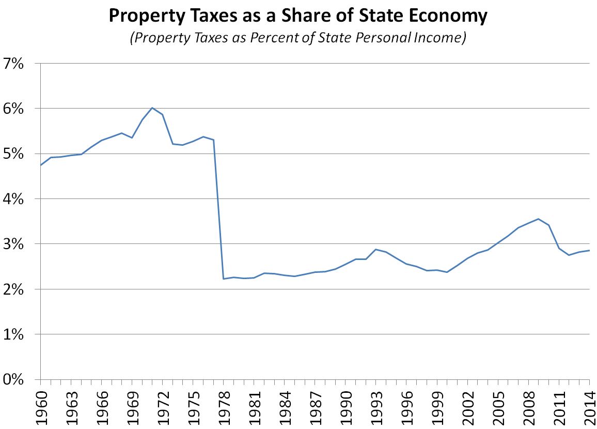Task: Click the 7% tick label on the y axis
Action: click(18, 64)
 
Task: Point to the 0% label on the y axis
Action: click(18, 379)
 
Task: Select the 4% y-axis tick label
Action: click(18, 199)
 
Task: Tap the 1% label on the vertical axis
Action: click(18, 334)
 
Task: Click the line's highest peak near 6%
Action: click(152, 108)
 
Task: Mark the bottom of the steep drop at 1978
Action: click(224, 279)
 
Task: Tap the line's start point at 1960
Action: click(41, 165)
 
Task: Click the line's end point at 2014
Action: click(589, 250)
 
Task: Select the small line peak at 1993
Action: click(376, 249)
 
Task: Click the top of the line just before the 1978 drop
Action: click(213, 140)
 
